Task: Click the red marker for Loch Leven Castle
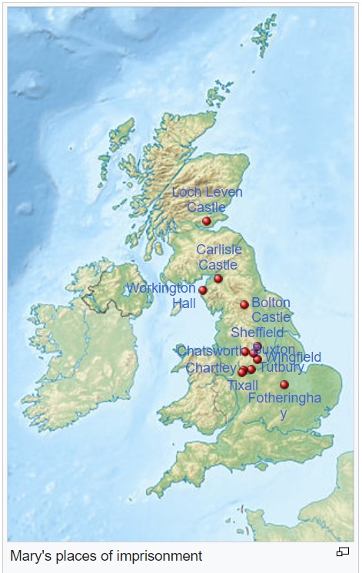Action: [x=206, y=221]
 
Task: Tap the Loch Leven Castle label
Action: [x=207, y=200]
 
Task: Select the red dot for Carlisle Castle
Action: [x=218, y=278]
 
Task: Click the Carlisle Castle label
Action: [x=219, y=257]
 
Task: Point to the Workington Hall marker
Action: [x=203, y=290]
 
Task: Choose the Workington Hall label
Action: [x=162, y=296]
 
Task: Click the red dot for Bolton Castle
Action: [x=244, y=305]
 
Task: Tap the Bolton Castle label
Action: [x=271, y=310]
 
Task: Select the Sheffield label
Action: [x=257, y=333]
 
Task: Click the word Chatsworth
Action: [x=208, y=351]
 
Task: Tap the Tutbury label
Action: [x=282, y=368]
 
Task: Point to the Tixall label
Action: [x=243, y=385]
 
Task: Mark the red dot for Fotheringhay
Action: [x=284, y=384]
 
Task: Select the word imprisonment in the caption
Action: [x=160, y=555]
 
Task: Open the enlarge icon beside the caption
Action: [x=343, y=551]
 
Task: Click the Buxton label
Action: [x=275, y=349]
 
